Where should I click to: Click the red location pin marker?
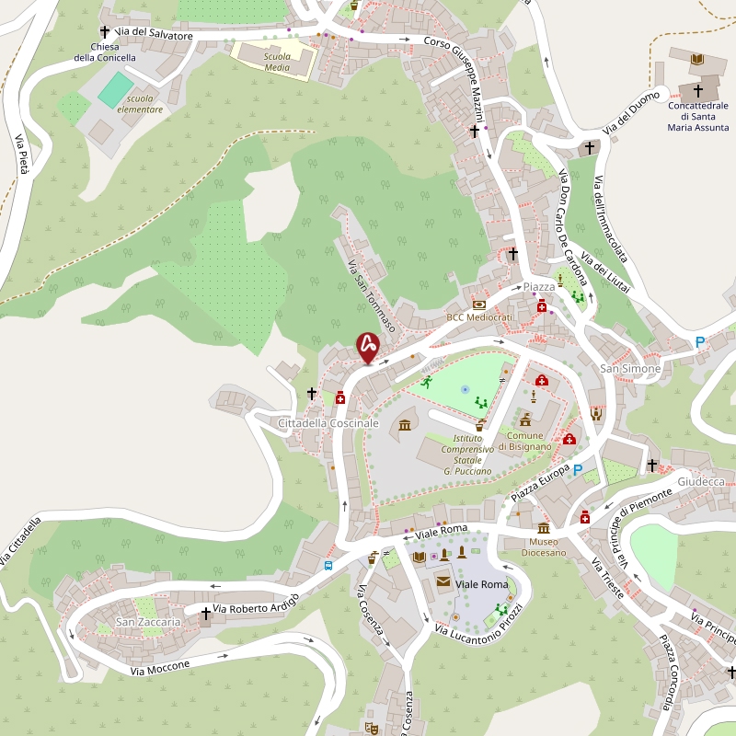[368, 347]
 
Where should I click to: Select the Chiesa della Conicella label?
[105, 52]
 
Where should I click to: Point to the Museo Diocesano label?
[544, 546]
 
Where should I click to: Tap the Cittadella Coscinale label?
[328, 422]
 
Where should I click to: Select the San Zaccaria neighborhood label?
[148, 623]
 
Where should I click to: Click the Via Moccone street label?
[160, 668]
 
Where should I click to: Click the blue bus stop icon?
[328, 565]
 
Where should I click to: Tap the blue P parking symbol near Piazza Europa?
[578, 470]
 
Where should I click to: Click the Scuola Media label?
[277, 62]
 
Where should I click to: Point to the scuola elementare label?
[145, 104]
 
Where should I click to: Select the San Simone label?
[630, 369]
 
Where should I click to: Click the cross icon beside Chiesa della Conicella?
[105, 31]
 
